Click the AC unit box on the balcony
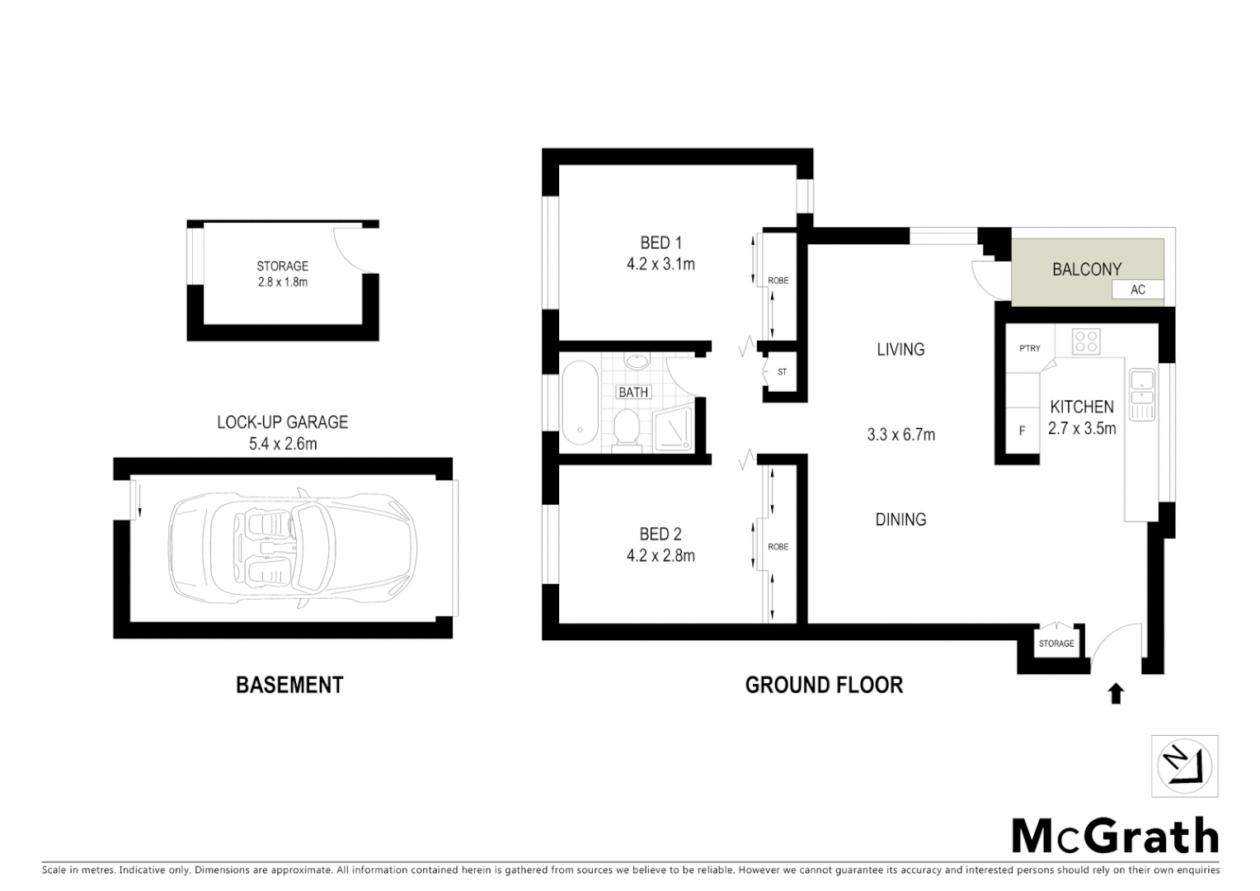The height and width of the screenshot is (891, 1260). [x=1137, y=290]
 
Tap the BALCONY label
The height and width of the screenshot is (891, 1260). [x=1086, y=269]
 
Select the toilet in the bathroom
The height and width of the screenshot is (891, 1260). [x=628, y=428]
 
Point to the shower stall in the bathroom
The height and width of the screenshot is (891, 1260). [x=675, y=430]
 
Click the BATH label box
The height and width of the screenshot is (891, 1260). [x=633, y=392]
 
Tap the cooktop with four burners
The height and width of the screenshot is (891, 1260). [x=1086, y=341]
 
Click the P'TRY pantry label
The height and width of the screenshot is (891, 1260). [x=1029, y=348]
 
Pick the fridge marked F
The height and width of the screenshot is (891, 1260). [x=1022, y=431]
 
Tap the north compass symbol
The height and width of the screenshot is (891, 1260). [x=1185, y=766]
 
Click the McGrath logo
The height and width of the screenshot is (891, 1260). [x=1115, y=837]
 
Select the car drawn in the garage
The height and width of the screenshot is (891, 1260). [x=293, y=547]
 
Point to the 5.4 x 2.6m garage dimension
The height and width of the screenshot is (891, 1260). [x=282, y=444]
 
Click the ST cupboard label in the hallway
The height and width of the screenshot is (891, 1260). [x=782, y=372]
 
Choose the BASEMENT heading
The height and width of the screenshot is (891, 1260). [x=289, y=685]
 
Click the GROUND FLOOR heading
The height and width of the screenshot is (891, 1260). [x=824, y=685]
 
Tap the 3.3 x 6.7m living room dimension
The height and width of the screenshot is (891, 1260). [x=900, y=434]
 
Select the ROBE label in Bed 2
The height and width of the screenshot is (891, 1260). [x=778, y=546]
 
